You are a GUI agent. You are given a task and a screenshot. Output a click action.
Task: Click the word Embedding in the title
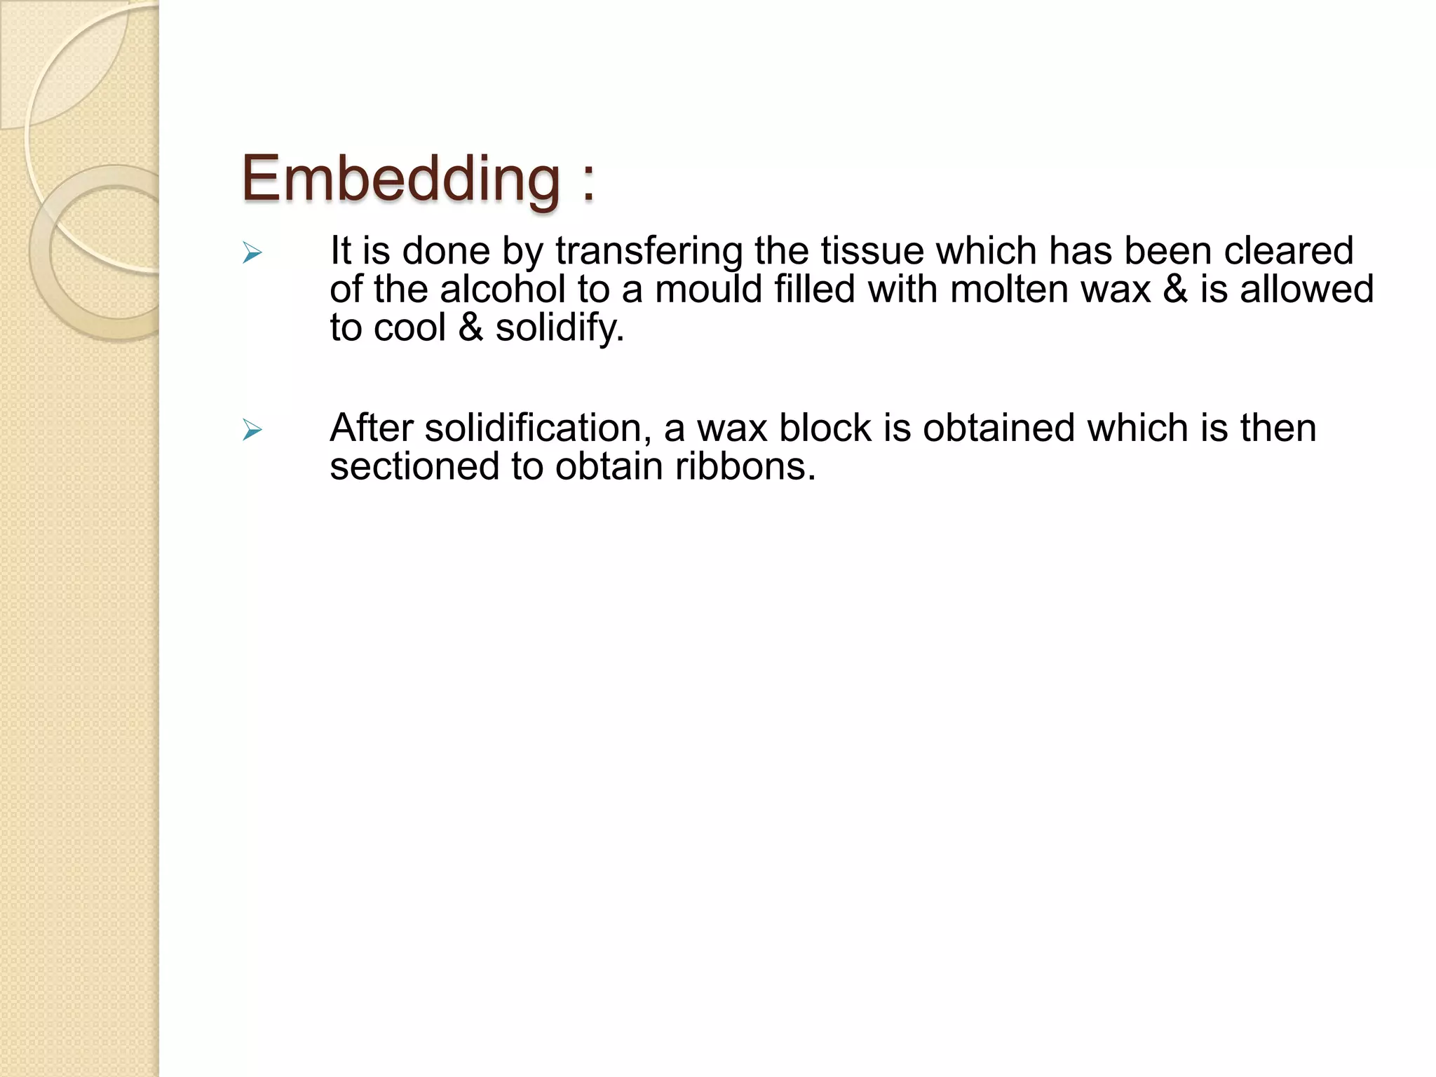click(400, 179)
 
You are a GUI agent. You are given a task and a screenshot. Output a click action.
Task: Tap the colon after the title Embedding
click(588, 182)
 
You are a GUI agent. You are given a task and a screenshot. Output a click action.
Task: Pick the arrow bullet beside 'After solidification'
click(252, 430)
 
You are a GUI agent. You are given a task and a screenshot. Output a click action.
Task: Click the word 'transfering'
click(649, 251)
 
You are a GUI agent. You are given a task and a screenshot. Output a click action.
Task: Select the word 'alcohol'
click(503, 289)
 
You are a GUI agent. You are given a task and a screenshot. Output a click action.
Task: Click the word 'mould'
click(708, 289)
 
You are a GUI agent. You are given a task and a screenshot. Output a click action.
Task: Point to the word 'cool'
click(410, 327)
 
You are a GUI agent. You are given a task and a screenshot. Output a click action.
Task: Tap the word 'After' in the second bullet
click(371, 428)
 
